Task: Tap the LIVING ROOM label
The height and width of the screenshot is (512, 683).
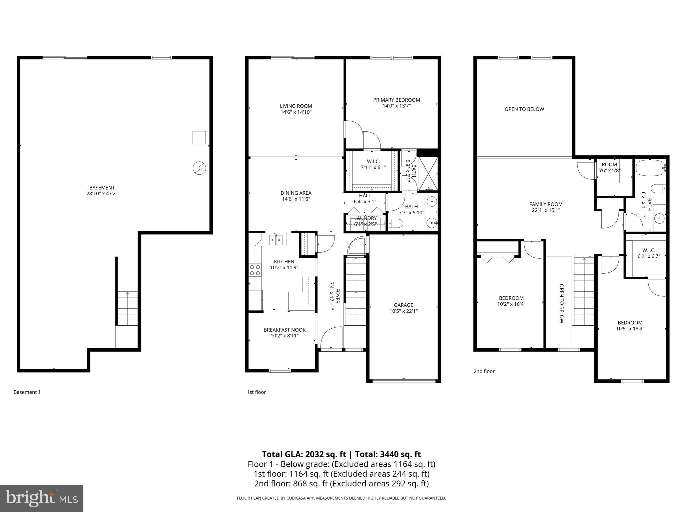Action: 296,106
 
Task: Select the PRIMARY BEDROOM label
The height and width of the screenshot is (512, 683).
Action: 396,100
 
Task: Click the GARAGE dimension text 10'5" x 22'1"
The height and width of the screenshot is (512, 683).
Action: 403,311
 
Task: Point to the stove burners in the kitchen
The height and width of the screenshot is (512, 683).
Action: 255,270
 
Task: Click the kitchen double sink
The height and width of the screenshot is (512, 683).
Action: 276,240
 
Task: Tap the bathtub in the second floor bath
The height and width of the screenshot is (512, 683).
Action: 651,168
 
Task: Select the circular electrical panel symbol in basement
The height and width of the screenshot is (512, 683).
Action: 199,168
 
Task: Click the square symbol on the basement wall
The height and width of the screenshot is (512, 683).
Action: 199,138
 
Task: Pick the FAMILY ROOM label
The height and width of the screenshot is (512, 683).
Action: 546,204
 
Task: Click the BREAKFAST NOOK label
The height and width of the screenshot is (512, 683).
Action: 284,330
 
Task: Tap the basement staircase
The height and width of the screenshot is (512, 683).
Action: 127,308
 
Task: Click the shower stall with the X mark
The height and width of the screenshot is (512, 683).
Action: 428,174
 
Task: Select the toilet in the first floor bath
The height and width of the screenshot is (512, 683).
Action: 396,223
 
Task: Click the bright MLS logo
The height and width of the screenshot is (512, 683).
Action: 42,498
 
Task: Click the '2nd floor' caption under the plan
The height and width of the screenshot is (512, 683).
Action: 484,371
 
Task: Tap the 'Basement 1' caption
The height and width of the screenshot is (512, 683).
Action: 27,392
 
